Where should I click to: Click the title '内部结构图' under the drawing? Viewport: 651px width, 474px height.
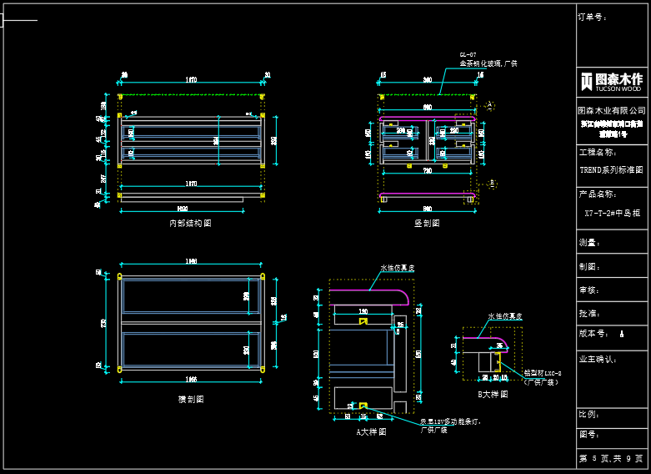190,224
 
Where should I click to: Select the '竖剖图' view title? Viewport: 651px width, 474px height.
427,224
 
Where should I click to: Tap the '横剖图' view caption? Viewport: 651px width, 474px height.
191,400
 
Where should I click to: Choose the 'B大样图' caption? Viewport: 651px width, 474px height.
493,394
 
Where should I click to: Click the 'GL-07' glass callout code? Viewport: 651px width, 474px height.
468,54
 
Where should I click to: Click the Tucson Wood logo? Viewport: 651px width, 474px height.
612,82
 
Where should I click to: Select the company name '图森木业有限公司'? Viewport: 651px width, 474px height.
612,110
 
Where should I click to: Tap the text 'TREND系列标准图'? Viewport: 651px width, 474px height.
612,169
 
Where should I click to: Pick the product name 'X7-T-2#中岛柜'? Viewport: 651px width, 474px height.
612,213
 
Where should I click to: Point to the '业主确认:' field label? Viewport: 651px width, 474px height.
598,359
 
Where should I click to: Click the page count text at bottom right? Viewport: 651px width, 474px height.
611,459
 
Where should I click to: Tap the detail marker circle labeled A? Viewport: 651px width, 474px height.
490,106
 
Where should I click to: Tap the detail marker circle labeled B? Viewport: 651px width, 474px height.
492,182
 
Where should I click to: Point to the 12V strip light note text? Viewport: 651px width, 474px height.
450,426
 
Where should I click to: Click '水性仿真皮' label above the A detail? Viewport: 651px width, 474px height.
398,268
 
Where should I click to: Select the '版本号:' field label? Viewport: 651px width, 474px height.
593,333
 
